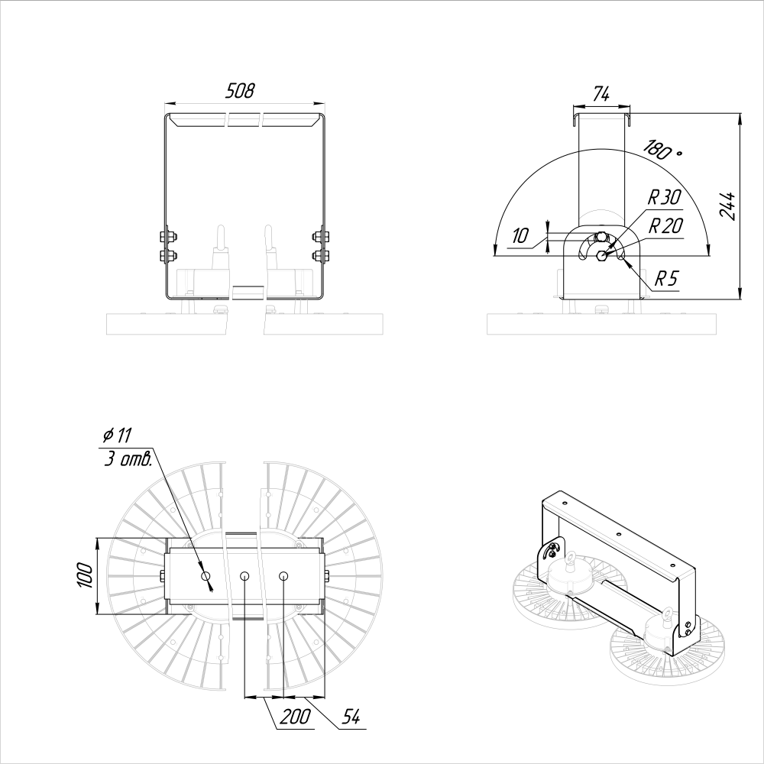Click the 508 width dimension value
pos(240,91)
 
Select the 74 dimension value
pos(601,93)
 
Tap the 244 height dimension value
pos(727,206)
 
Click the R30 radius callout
pos(664,197)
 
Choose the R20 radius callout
pos(665,226)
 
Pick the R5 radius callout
pos(666,279)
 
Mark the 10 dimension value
pos(520,236)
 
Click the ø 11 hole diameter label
pos(118,435)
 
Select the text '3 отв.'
pos(128,458)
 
